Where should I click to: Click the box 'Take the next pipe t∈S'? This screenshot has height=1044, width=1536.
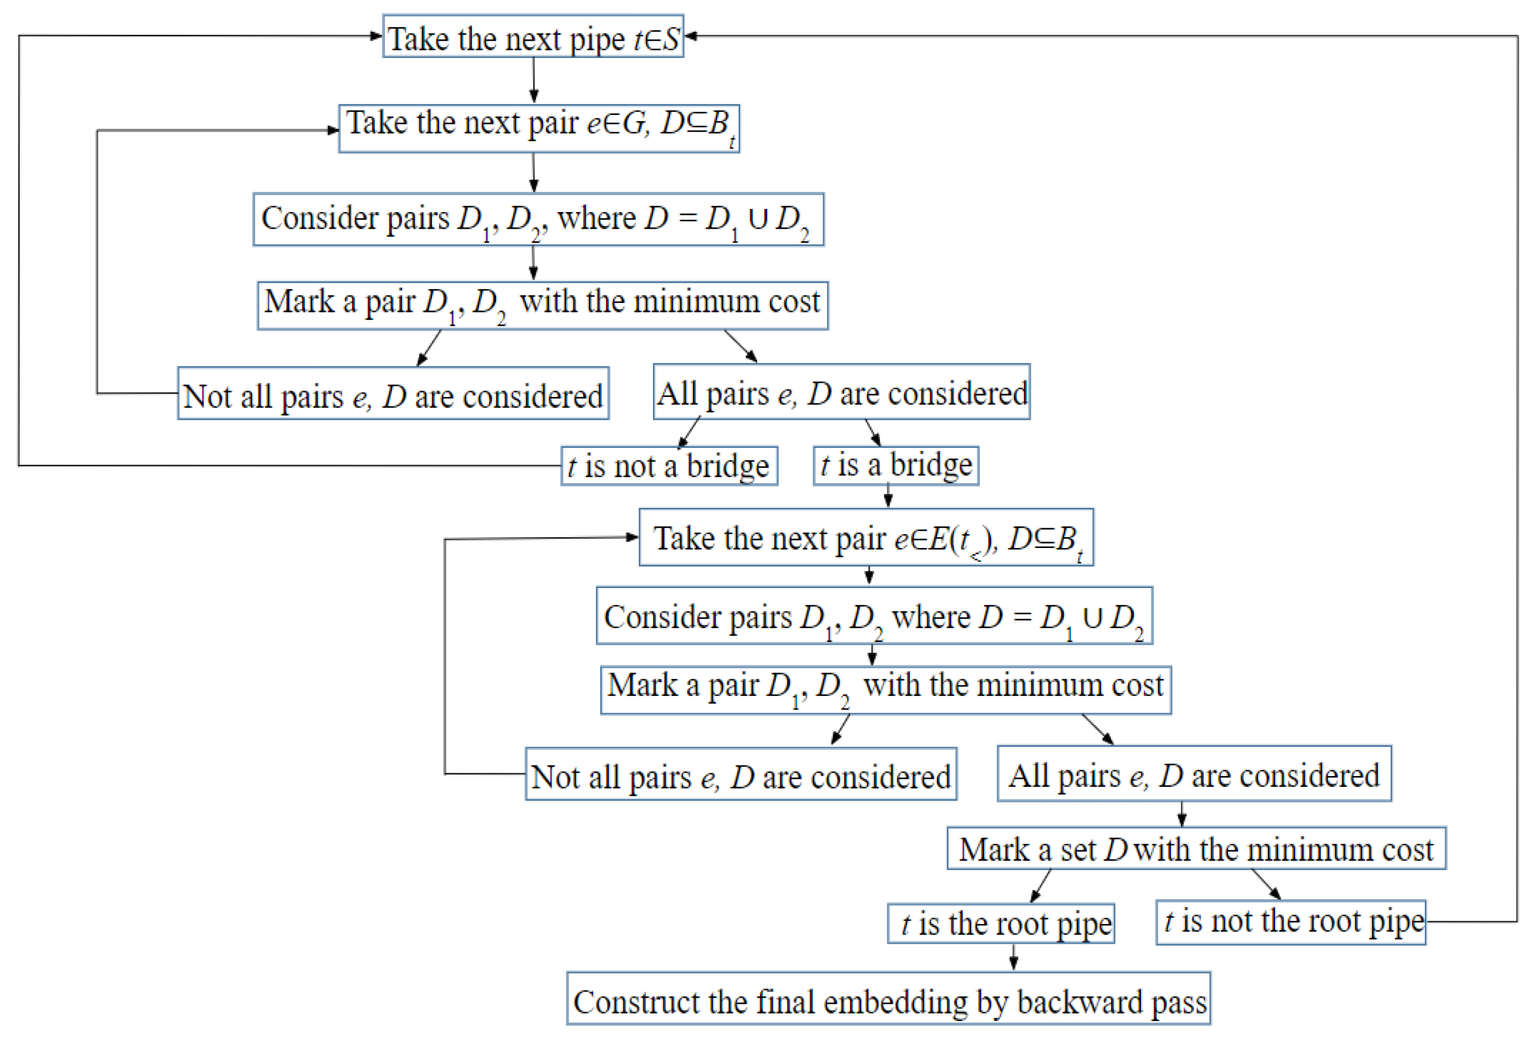[533, 37]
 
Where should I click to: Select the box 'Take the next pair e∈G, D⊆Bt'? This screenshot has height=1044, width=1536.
[539, 129]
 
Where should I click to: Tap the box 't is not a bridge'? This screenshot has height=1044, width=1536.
[669, 467]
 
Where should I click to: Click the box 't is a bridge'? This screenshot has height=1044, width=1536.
[896, 466]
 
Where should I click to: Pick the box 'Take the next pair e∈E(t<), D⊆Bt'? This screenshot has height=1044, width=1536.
[866, 537]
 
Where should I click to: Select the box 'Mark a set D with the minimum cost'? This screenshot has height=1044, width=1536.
[1196, 848]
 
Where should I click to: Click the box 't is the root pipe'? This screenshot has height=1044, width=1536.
[1000, 923]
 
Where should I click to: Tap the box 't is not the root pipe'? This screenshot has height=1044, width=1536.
[1290, 922]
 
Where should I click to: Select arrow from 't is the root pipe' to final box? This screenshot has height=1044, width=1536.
[1013, 956]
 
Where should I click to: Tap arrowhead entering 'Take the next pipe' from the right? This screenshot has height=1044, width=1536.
[691, 36]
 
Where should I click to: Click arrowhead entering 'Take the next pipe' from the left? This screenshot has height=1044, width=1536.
[376, 36]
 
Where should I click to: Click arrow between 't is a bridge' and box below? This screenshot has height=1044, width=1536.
[887, 495]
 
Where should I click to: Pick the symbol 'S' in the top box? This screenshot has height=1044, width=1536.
[671, 38]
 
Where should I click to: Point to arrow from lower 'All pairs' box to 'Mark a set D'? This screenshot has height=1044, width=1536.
[1182, 813]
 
